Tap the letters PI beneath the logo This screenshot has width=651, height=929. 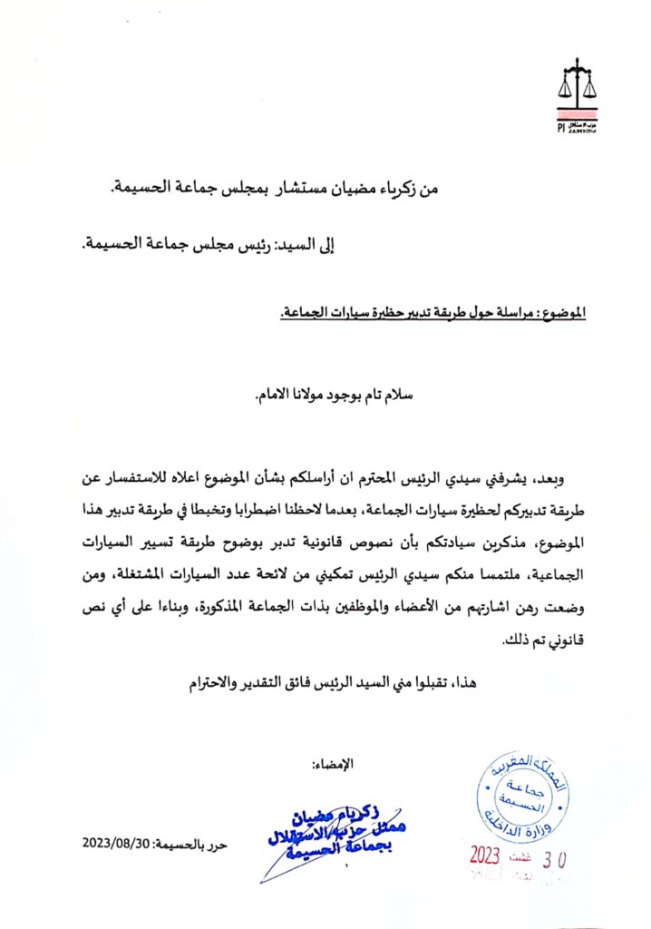point(562,128)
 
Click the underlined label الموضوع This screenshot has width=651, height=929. point(560,313)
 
